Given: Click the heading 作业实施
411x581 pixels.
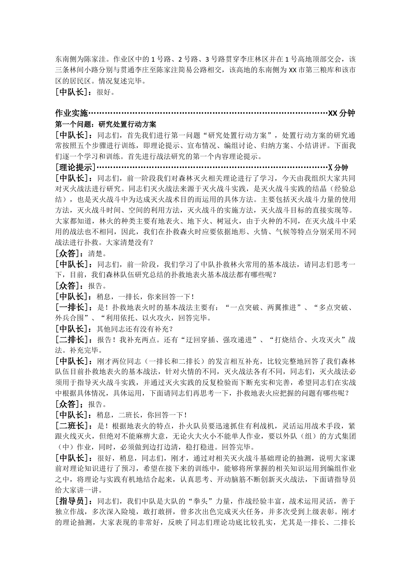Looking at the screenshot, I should (71, 113).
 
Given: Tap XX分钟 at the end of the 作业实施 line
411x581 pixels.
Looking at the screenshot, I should (341, 113).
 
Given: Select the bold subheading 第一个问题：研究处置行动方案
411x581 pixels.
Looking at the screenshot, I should (106, 124).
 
